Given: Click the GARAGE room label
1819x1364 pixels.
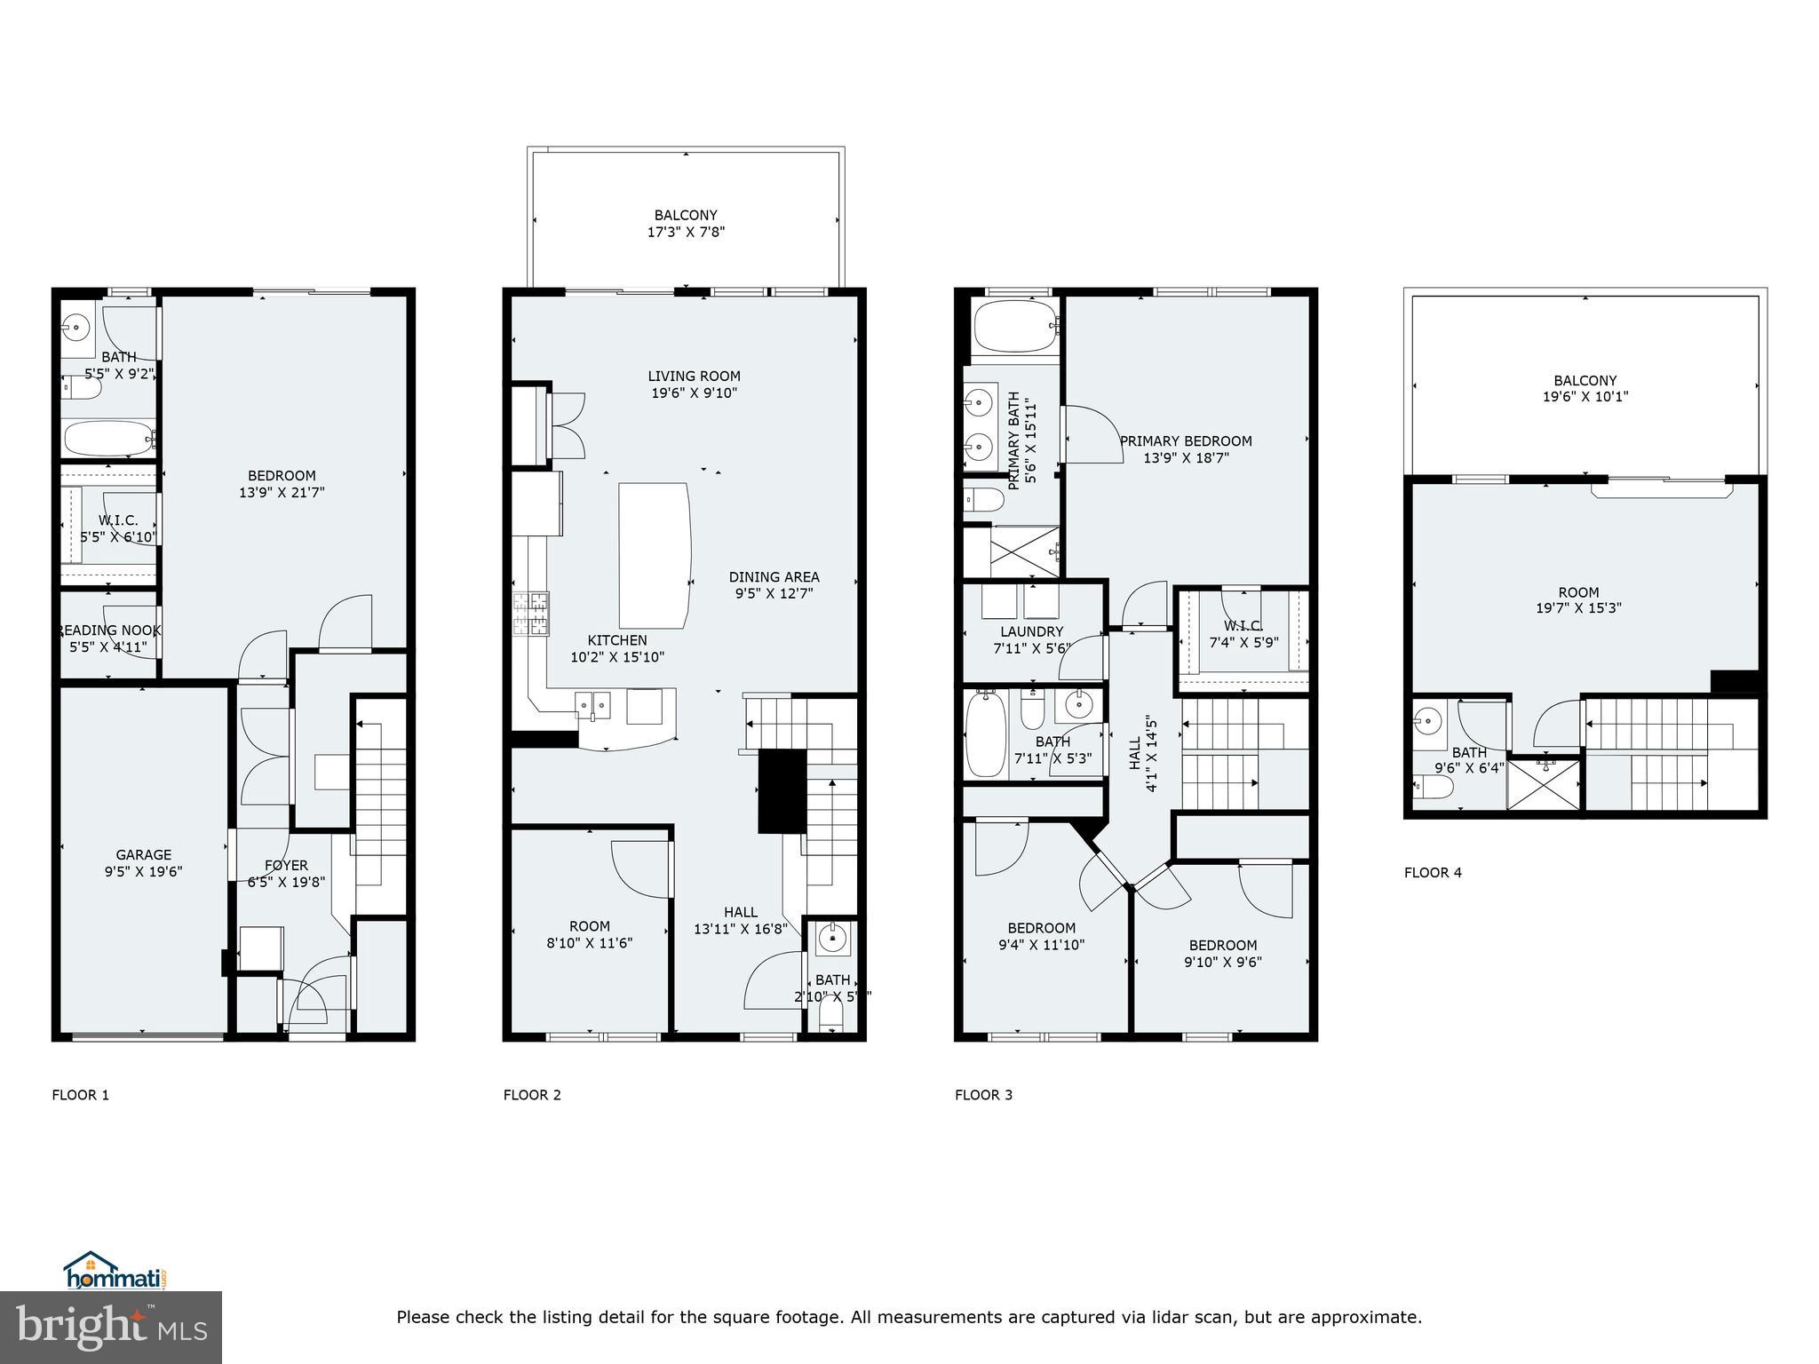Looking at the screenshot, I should (143, 855).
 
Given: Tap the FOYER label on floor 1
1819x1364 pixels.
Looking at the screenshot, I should (286, 865).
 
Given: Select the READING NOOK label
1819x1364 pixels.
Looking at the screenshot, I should (109, 630).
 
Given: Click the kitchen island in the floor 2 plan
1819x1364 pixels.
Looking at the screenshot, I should (654, 555).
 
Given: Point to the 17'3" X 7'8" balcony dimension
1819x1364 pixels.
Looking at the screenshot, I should (686, 232).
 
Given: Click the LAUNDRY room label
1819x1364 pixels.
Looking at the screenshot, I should (1031, 631).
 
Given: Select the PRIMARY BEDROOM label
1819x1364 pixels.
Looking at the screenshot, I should (1186, 440).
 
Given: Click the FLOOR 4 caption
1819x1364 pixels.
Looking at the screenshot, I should (1433, 872).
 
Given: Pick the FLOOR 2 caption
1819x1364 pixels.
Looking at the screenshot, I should (532, 1094).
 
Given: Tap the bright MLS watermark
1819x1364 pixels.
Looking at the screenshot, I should (111, 1326).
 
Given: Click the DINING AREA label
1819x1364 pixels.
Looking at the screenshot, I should (774, 576).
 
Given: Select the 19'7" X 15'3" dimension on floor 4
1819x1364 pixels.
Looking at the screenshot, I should (1578, 608).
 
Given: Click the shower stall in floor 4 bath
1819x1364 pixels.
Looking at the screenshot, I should (1545, 782).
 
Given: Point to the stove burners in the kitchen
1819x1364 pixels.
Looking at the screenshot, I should (530, 614).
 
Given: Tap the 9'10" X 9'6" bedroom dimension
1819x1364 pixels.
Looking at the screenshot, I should (1222, 962).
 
